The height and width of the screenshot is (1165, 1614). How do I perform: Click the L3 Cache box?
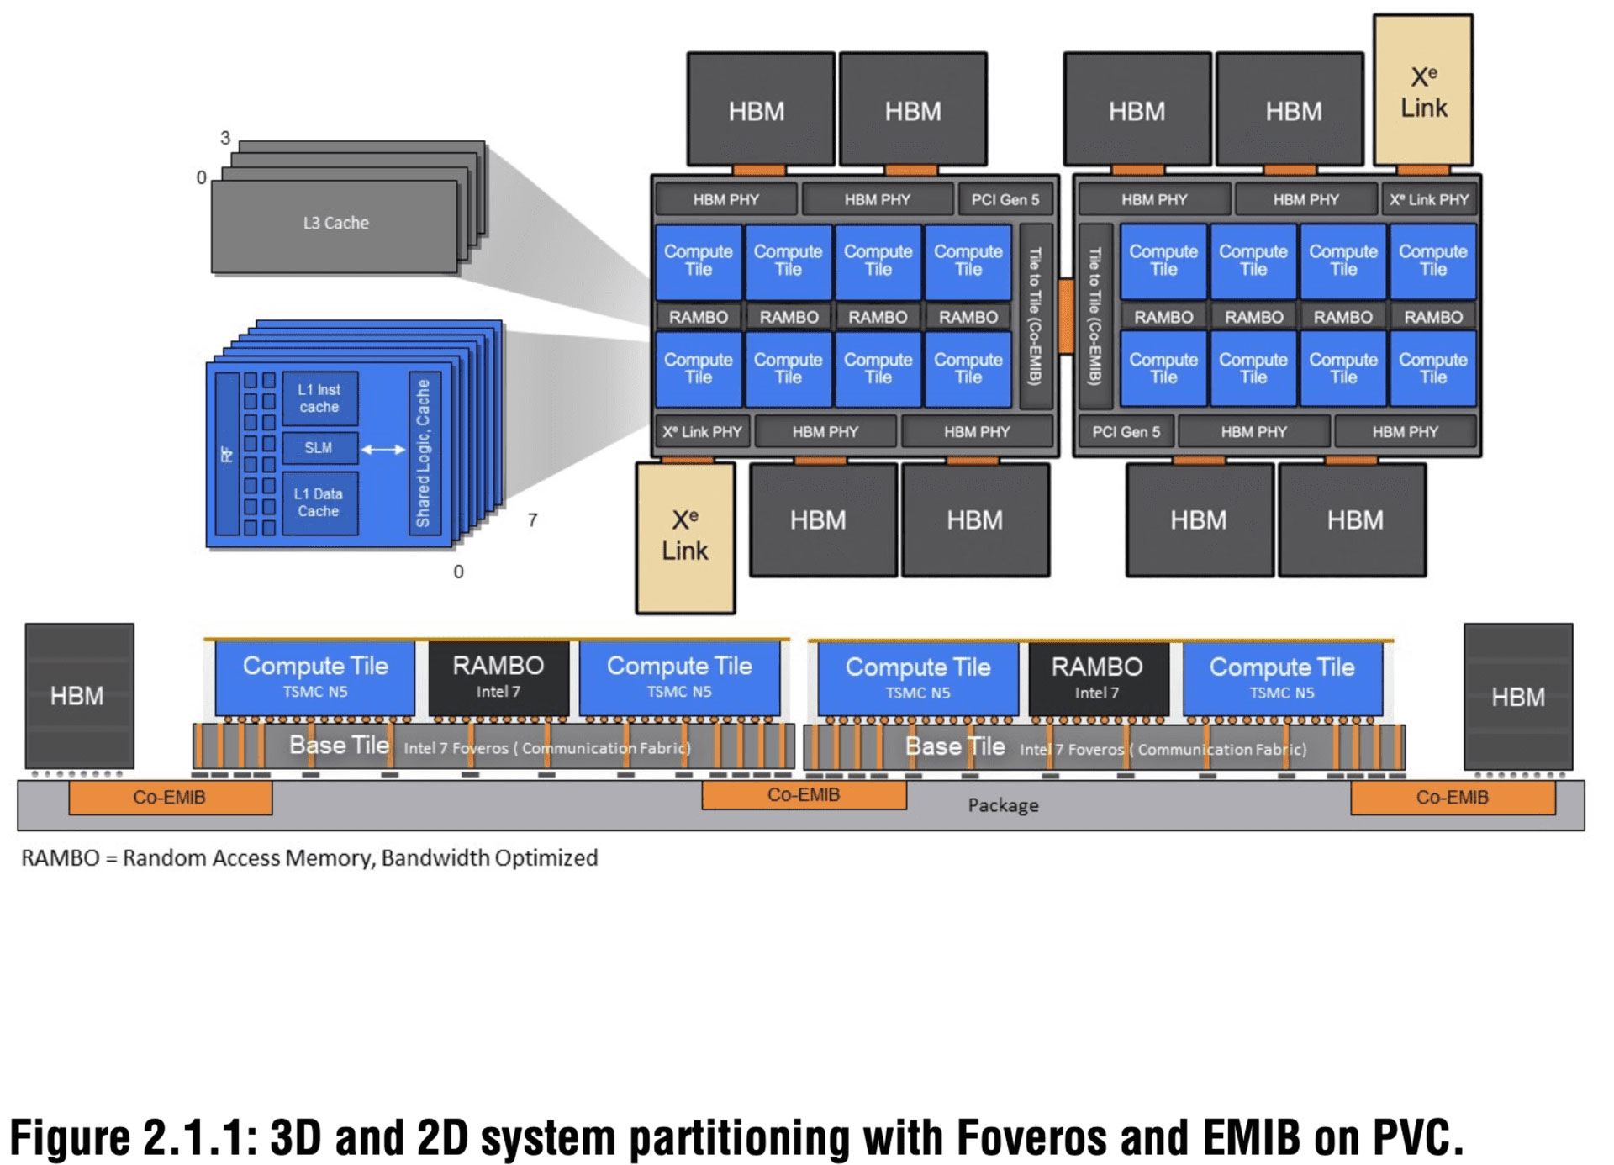(335, 224)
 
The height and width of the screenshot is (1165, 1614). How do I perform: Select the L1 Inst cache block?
(319, 398)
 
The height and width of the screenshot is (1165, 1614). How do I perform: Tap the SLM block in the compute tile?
(319, 448)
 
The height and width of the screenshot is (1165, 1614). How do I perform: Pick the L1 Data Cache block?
(319, 503)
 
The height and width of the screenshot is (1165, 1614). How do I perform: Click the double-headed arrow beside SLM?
(383, 450)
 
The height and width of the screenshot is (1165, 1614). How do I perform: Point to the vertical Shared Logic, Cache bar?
(423, 453)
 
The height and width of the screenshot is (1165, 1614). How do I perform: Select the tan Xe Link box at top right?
(1423, 91)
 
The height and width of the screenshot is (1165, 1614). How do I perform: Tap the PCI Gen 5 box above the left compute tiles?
(1005, 200)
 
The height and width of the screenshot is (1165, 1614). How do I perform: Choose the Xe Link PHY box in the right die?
(1429, 200)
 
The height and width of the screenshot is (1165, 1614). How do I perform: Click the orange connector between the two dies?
(1066, 316)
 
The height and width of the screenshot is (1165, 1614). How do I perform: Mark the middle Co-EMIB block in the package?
(804, 795)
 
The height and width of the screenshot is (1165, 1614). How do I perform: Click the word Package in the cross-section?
(1003, 805)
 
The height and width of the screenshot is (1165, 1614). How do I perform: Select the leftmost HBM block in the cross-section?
(78, 696)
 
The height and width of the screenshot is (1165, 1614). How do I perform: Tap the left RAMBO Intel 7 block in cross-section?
(498, 677)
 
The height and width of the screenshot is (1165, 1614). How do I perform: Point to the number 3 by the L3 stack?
(225, 138)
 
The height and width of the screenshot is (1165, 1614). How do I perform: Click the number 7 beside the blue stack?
(532, 520)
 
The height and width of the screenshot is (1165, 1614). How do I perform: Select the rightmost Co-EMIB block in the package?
(1452, 798)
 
